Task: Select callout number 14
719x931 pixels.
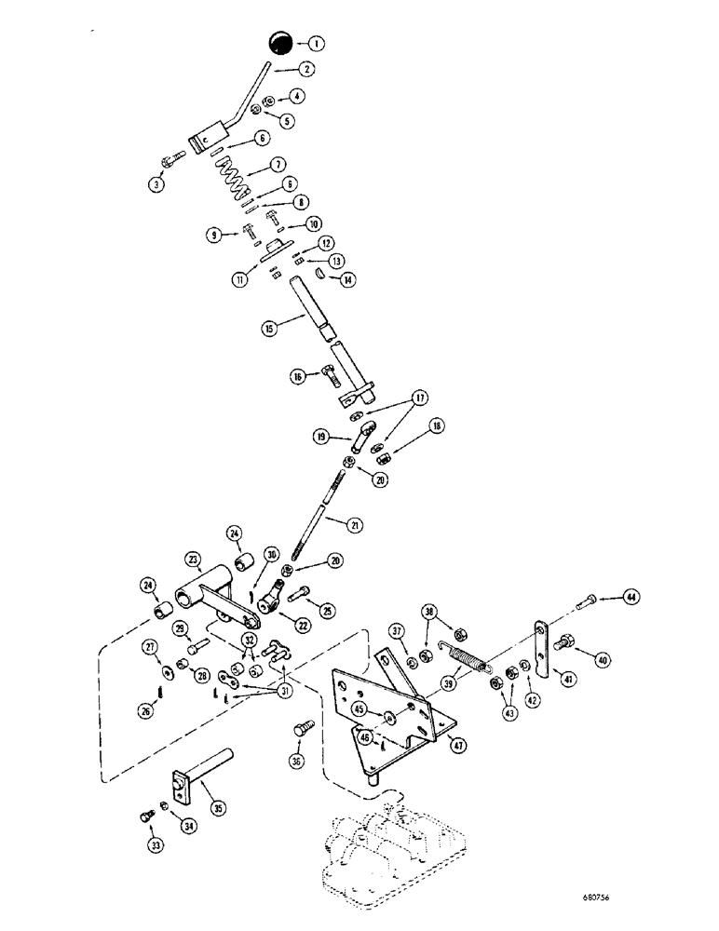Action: (x=348, y=277)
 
